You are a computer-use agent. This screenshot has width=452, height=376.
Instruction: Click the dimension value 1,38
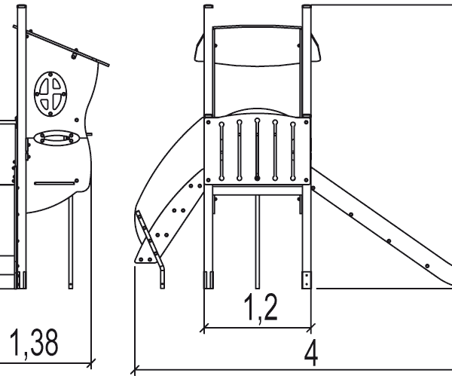coord(35,342)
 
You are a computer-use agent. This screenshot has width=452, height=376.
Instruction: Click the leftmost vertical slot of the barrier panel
coord(222,151)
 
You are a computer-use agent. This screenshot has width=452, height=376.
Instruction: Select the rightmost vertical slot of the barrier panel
coord(293,151)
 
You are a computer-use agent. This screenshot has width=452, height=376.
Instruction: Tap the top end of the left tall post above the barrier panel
coord(209,9)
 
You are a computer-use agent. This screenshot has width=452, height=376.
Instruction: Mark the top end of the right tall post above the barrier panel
coord(307,9)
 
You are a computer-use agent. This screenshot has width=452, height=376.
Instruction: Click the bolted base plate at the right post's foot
coord(307,280)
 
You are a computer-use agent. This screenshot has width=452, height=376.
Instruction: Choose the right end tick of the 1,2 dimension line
coord(312,328)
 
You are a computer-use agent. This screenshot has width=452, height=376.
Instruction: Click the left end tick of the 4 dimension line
coord(135,370)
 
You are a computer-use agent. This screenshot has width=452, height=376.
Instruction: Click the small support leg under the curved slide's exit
coord(162,275)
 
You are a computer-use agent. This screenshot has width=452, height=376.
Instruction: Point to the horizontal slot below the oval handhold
coord(56,182)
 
